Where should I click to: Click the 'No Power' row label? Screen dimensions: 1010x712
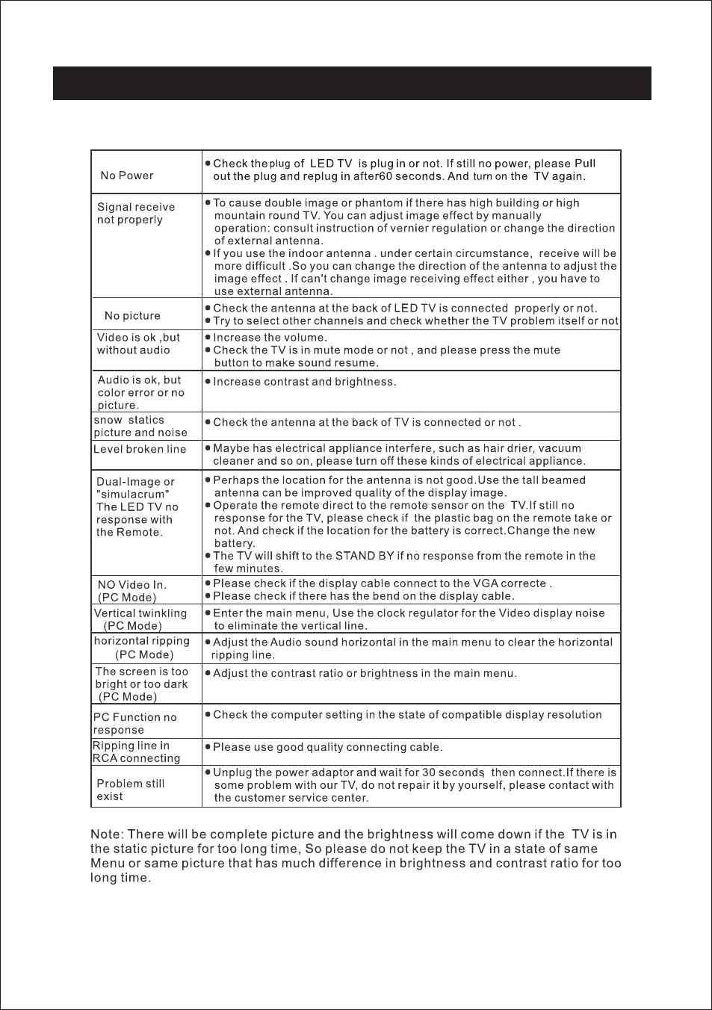127,176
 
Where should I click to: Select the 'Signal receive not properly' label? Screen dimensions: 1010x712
136,214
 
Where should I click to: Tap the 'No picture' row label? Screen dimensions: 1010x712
132,316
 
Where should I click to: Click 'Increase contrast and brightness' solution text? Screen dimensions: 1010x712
304,382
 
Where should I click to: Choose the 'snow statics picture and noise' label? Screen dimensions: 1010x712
140,427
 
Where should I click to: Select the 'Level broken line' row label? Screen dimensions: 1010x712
140,450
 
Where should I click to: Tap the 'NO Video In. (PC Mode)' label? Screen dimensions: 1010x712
131,591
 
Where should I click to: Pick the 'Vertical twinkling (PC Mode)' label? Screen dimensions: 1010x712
140,619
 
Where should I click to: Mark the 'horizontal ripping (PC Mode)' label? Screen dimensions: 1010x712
142,648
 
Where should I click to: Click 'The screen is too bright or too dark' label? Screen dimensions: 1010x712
141,684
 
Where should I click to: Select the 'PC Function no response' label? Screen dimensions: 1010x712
135,724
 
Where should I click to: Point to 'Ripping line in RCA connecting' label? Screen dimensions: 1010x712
136,752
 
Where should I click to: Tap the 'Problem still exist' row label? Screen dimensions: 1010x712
130,790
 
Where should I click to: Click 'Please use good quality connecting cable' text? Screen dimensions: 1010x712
328,747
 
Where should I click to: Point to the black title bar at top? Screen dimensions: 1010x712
352,83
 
